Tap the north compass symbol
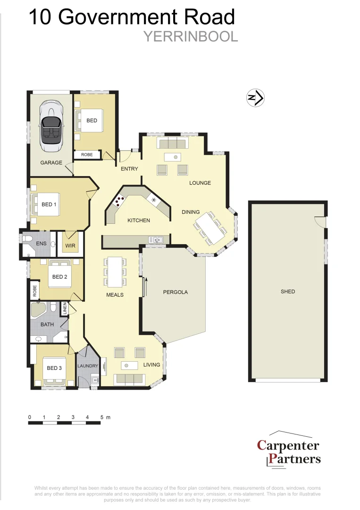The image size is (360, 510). [x=256, y=98]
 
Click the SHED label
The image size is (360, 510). [x=287, y=291]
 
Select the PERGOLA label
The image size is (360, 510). [x=175, y=292]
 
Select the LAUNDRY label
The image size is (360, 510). [x=87, y=366]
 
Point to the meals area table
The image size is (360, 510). [x=115, y=272]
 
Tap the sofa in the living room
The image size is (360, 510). [x=129, y=379]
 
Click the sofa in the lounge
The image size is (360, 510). [x=173, y=143]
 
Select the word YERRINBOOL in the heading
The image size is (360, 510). [x=190, y=37]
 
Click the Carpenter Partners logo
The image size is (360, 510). [x=288, y=450]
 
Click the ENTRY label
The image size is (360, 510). [x=129, y=169]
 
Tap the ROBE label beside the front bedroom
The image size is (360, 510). [x=87, y=154]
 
